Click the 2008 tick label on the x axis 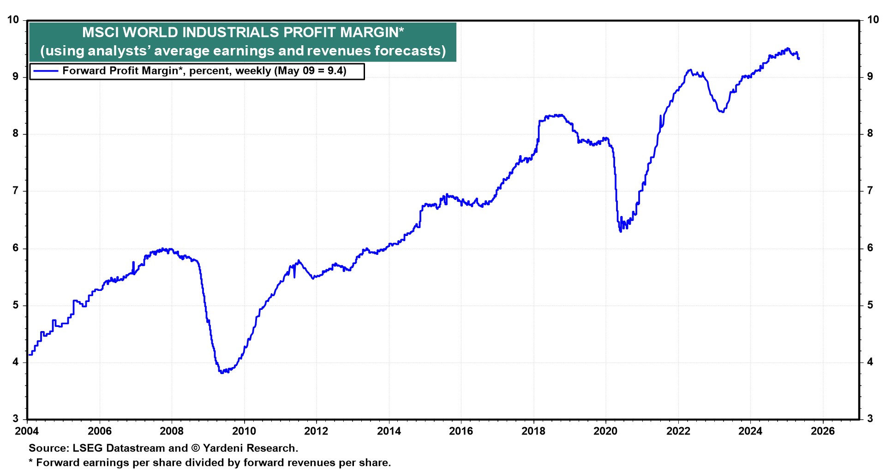172,431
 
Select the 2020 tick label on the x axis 605,431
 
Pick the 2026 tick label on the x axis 822,431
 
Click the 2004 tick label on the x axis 27,431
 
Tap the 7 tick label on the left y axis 16,191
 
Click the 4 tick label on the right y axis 870,362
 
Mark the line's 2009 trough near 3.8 222,372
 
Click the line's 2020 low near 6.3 621,231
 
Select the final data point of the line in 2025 799,59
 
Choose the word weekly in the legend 253,71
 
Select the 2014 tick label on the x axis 389,431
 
